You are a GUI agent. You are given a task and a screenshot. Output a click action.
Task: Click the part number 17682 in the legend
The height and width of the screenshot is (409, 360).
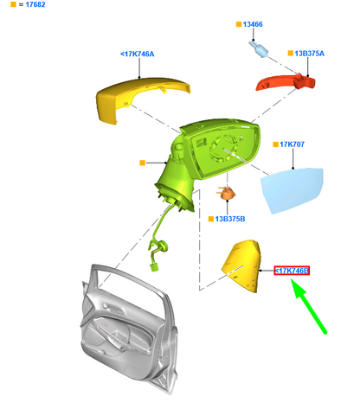coord(35,4)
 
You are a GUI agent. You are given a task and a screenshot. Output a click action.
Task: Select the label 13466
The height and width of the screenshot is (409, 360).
coord(253,24)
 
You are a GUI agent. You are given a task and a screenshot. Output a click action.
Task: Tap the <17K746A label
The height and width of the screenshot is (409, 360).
coord(138,54)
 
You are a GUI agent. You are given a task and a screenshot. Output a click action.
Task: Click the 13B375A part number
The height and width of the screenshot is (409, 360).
coord(309,54)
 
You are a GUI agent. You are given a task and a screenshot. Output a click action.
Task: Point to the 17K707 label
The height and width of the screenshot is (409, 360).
coord(292,144)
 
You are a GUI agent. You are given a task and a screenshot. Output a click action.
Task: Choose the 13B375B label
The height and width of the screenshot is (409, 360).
coord(230,219)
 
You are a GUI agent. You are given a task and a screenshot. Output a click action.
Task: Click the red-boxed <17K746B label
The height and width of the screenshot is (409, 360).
coord(292,271)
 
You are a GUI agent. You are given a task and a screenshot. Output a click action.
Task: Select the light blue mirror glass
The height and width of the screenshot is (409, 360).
coord(292,190)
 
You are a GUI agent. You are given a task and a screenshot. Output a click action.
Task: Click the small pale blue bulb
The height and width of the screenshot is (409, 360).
coord(259,49)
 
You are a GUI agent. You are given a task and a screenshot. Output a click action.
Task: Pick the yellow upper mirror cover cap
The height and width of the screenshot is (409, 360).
coord(138,97)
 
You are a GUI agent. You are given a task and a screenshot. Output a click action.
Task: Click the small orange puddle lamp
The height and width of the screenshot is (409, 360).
coord(227,193)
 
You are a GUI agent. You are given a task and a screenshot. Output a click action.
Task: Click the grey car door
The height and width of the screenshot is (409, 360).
coord(128,329)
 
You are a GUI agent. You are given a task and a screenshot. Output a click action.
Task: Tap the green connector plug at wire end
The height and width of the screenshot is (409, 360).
coord(154,267)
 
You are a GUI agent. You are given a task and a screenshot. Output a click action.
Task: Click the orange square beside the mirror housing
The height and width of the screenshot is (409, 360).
coord(142,163)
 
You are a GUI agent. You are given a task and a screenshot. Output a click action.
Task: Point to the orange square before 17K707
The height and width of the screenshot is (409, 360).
coord(276,144)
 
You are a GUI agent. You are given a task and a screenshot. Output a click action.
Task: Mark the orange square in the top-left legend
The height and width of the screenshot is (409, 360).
coord(13,4)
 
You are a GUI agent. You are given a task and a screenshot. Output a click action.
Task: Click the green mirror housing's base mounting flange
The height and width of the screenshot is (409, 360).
coord(175,197)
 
